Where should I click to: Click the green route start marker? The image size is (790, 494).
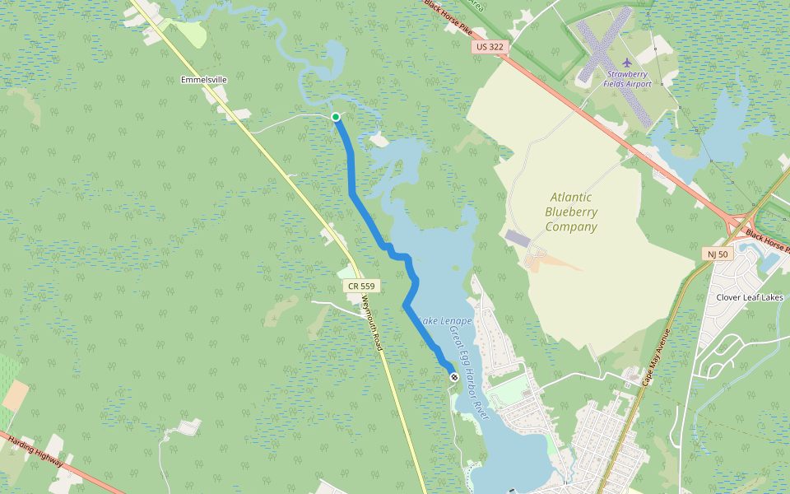coord(336,117)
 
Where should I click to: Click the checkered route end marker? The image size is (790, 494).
coord(453,376)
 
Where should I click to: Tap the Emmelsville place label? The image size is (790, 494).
coord(203,80)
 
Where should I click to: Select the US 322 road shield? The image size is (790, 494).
coord(489,47)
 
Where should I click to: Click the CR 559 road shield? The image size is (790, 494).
coord(361,286)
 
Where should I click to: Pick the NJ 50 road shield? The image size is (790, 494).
coord(718,254)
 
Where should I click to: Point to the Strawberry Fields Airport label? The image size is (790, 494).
coord(627,79)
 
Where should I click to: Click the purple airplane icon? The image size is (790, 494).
coord(627,63)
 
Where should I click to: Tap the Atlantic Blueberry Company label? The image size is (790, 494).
coord(571,212)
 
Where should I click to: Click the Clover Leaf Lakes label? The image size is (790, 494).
coord(750,297)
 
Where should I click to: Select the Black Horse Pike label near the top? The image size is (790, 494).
coord(449,16)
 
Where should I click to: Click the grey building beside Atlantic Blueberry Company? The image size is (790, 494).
coord(518,238)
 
